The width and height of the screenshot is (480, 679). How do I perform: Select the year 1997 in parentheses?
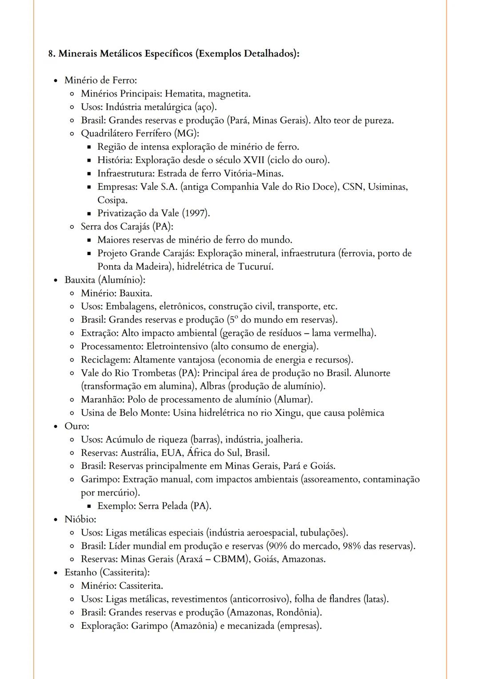tap(196, 213)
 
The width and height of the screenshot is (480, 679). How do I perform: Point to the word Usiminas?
tap(387, 187)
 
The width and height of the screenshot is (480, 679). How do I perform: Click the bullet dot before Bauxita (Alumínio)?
tap(56, 280)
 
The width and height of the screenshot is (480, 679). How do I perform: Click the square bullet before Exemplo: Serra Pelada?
tap(89, 506)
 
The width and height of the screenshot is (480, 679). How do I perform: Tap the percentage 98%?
tap(352, 546)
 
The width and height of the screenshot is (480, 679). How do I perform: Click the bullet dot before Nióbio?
tap(56, 519)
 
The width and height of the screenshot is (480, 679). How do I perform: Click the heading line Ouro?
tap(76, 426)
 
